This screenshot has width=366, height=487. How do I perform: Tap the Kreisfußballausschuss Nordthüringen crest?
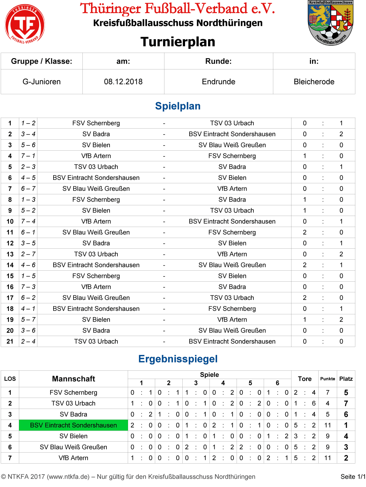(x=330, y=23)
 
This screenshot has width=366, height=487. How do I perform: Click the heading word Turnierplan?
(x=178, y=42)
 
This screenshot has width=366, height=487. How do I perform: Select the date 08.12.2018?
(x=123, y=82)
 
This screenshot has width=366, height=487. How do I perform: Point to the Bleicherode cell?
(x=314, y=82)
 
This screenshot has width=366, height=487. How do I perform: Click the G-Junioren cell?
(x=42, y=82)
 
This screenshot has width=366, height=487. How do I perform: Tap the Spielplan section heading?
(x=178, y=106)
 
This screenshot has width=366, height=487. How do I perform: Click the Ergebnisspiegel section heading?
(x=178, y=359)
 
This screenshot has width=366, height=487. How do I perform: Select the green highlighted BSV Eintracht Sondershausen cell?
(x=73, y=425)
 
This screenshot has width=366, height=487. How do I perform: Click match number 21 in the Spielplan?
(x=10, y=342)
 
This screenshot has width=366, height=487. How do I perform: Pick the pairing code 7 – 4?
(x=28, y=221)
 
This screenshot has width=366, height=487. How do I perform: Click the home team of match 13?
(x=96, y=254)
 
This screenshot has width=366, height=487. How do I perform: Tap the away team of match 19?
(x=232, y=320)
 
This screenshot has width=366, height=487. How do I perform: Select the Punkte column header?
(x=328, y=379)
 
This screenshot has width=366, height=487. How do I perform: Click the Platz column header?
(x=346, y=379)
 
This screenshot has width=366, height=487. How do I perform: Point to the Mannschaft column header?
(x=73, y=379)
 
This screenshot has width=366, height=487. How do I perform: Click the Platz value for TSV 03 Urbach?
(x=346, y=403)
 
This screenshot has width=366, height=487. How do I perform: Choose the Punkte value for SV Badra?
(x=328, y=414)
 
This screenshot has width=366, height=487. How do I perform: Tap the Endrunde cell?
(x=218, y=82)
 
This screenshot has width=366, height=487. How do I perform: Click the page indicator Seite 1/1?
(x=353, y=477)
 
